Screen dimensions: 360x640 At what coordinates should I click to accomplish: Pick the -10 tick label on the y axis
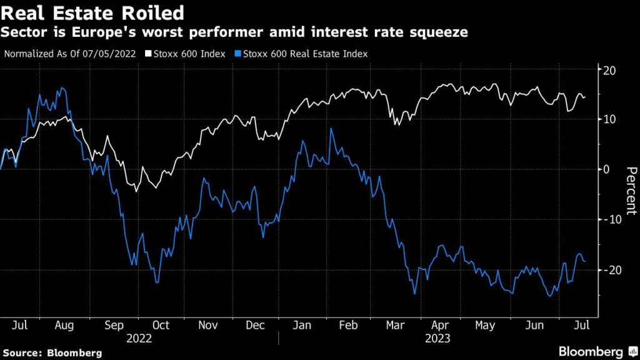[608, 219]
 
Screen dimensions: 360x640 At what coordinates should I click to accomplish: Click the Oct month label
[161, 326]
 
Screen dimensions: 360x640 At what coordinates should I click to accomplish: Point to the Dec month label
[254, 326]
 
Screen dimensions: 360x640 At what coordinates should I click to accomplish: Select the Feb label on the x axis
[349, 326]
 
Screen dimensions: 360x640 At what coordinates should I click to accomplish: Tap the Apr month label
[441, 326]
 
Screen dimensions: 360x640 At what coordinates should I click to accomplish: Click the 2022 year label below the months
[138, 339]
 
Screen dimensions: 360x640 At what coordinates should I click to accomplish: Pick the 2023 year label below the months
[438, 339]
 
